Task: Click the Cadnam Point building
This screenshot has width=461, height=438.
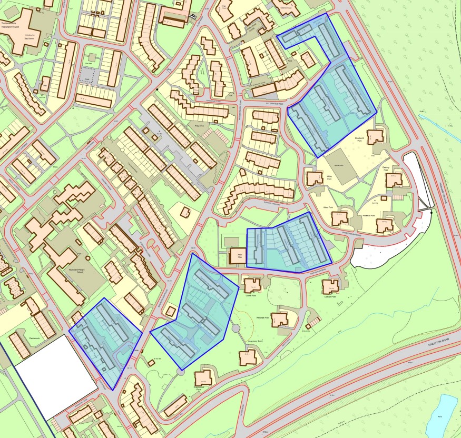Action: coord(331,286)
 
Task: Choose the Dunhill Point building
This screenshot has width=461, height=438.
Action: coord(251,285)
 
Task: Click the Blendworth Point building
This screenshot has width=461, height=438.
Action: coord(376,136)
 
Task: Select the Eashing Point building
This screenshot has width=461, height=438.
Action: coord(394,180)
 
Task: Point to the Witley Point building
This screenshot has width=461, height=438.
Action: coord(315,178)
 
